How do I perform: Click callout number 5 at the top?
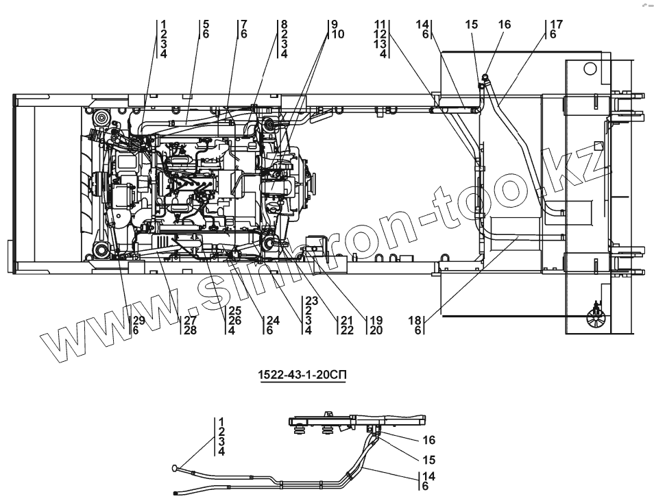(206, 25)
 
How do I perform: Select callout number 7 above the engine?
(243, 25)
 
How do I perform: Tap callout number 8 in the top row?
(284, 25)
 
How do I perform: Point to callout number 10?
(337, 34)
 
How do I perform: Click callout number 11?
(381, 25)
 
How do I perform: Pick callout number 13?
(381, 44)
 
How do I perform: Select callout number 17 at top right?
(556, 25)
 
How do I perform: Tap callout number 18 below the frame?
(415, 320)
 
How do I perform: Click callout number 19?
(376, 320)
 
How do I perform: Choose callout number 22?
(346, 330)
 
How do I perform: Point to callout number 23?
(311, 300)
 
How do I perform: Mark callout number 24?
(273, 320)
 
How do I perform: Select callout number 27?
(190, 320)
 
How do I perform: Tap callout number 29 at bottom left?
(138, 320)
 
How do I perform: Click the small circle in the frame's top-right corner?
(590, 69)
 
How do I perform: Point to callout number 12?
(381, 34)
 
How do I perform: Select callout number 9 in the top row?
(332, 25)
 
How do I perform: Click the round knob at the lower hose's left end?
(177, 468)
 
